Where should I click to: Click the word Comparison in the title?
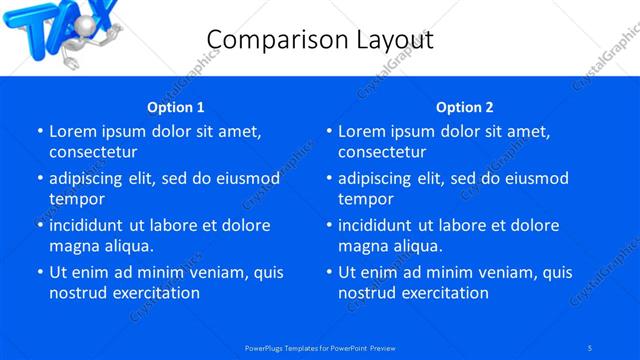(x=268, y=39)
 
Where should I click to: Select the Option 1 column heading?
(x=175, y=107)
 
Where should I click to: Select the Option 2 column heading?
(x=464, y=107)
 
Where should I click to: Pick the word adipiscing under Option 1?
(x=92, y=178)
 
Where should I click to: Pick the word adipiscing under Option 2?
(x=381, y=178)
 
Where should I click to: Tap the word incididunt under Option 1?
(x=89, y=225)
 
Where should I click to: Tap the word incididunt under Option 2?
(x=378, y=225)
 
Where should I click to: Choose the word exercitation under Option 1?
(x=154, y=293)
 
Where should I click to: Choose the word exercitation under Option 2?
(x=443, y=293)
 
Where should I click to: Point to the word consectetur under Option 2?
(x=382, y=152)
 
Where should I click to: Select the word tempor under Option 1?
(x=75, y=199)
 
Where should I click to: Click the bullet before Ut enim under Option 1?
(x=40, y=272)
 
